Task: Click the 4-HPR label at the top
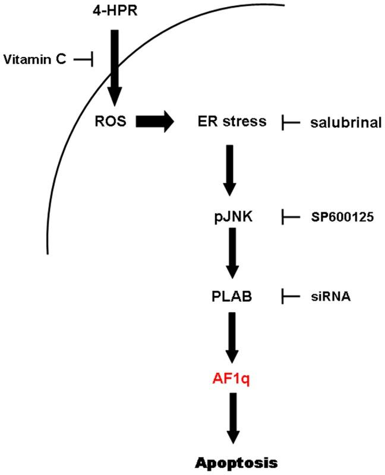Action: [113, 10]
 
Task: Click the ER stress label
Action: [232, 122]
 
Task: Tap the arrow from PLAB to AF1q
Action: [232, 335]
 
